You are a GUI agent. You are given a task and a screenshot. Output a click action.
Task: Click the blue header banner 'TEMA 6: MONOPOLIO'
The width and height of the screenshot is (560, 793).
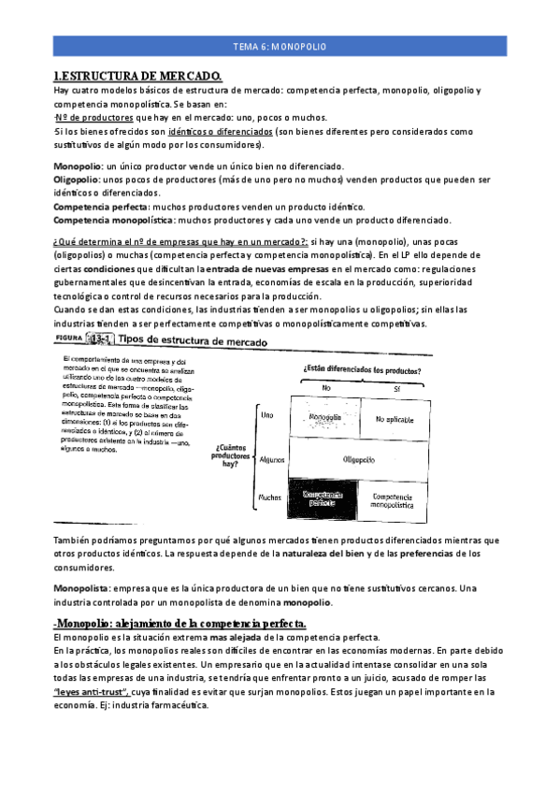pos(280,47)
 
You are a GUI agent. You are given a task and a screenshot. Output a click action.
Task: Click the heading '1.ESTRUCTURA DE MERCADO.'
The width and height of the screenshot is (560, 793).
pos(137,76)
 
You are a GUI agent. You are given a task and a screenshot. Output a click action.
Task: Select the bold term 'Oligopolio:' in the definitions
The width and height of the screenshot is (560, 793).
pos(79,179)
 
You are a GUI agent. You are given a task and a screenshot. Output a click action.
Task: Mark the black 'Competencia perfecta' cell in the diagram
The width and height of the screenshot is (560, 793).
pos(323,498)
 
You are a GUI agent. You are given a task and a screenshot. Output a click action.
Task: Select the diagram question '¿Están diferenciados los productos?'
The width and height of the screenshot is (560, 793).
pos(360,369)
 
